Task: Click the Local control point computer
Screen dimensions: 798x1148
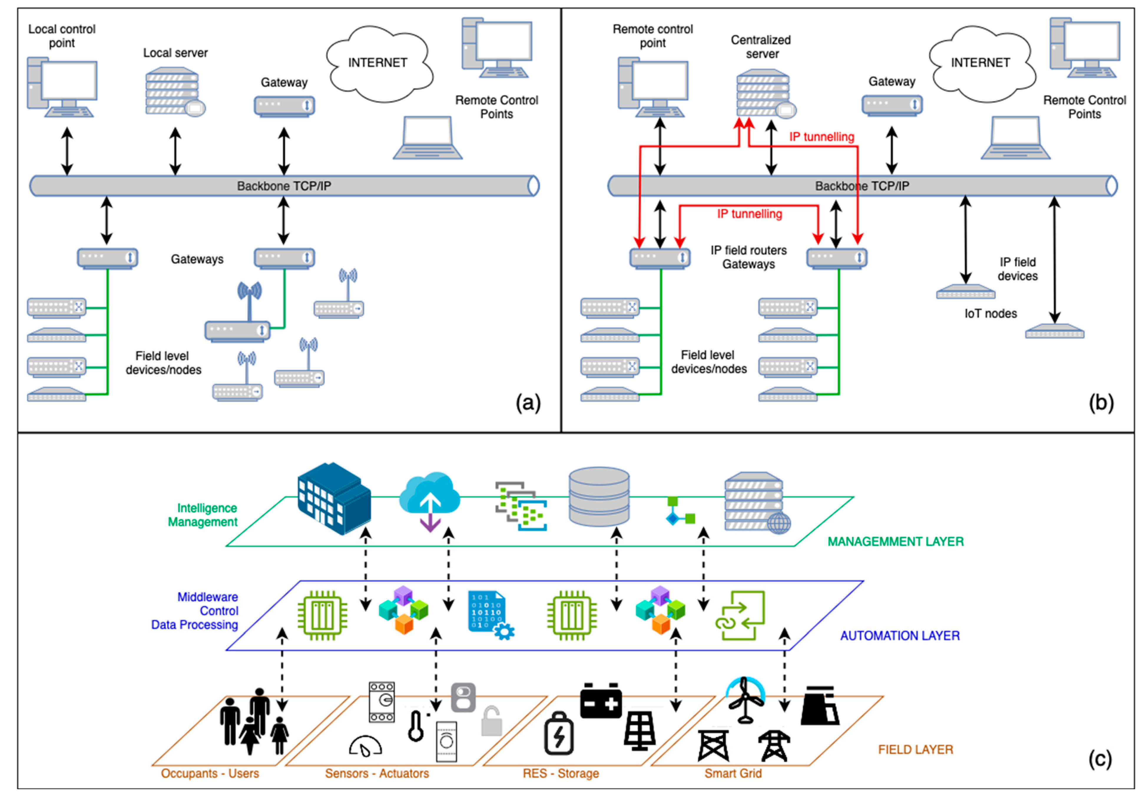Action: point(62,87)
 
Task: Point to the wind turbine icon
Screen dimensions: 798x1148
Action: point(745,700)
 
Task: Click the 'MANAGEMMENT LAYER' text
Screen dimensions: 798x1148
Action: point(895,542)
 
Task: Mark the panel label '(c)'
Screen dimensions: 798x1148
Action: point(1100,759)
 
